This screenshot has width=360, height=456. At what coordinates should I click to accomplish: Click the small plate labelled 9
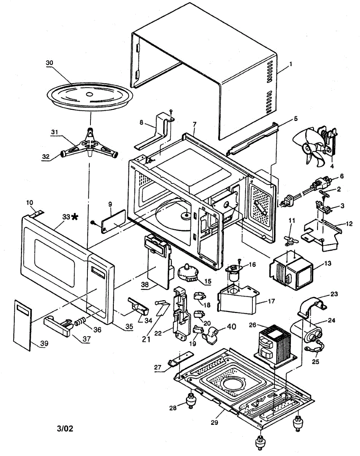[113, 220]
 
